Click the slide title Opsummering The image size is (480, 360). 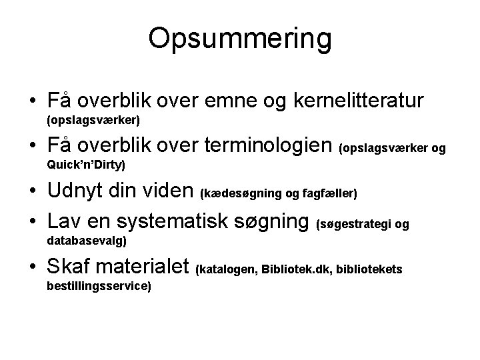click(x=239, y=39)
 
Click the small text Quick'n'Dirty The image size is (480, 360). click(x=87, y=164)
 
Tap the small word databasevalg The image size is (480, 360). click(x=87, y=239)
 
